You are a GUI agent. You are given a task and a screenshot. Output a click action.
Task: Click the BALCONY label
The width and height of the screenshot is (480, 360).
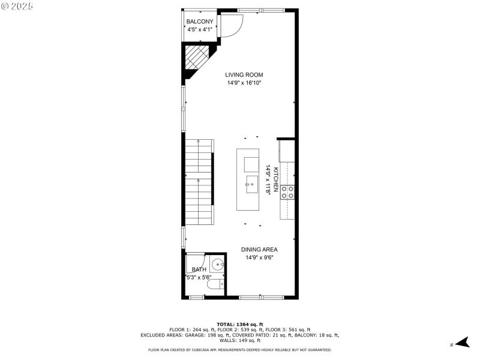(200, 22)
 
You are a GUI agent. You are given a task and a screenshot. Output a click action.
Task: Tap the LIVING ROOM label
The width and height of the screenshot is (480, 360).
(244, 75)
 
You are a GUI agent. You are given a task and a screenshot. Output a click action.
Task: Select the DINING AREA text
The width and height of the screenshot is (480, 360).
(259, 250)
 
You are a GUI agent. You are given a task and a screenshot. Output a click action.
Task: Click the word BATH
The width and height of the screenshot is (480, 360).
(198, 270)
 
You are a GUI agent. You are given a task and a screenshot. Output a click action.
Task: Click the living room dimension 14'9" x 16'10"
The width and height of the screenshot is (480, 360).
(244, 83)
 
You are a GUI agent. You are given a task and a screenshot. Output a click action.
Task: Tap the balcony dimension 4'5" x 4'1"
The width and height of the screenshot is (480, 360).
(200, 29)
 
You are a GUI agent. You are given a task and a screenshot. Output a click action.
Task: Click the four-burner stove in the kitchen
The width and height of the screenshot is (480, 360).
(287, 191)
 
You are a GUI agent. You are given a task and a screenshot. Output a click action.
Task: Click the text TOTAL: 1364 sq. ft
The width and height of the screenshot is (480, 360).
(240, 324)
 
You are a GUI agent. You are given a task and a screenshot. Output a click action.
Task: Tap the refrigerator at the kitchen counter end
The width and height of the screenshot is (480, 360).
(287, 151)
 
